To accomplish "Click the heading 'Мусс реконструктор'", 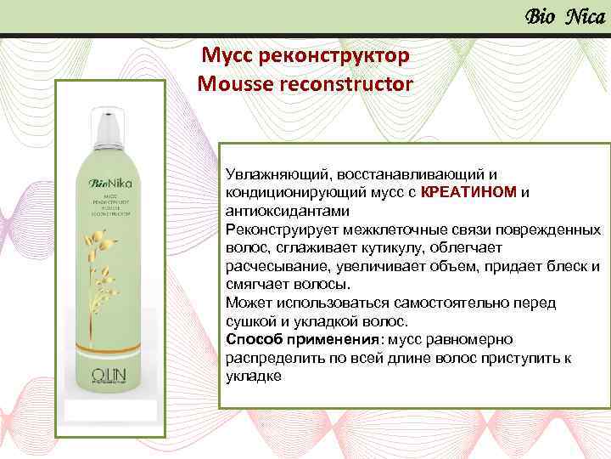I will coord(305,56).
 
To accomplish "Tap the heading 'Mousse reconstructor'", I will coord(305,84).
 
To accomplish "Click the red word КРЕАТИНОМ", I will coord(468,192).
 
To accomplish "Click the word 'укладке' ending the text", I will coord(253,377).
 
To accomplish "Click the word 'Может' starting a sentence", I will coord(245,303).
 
